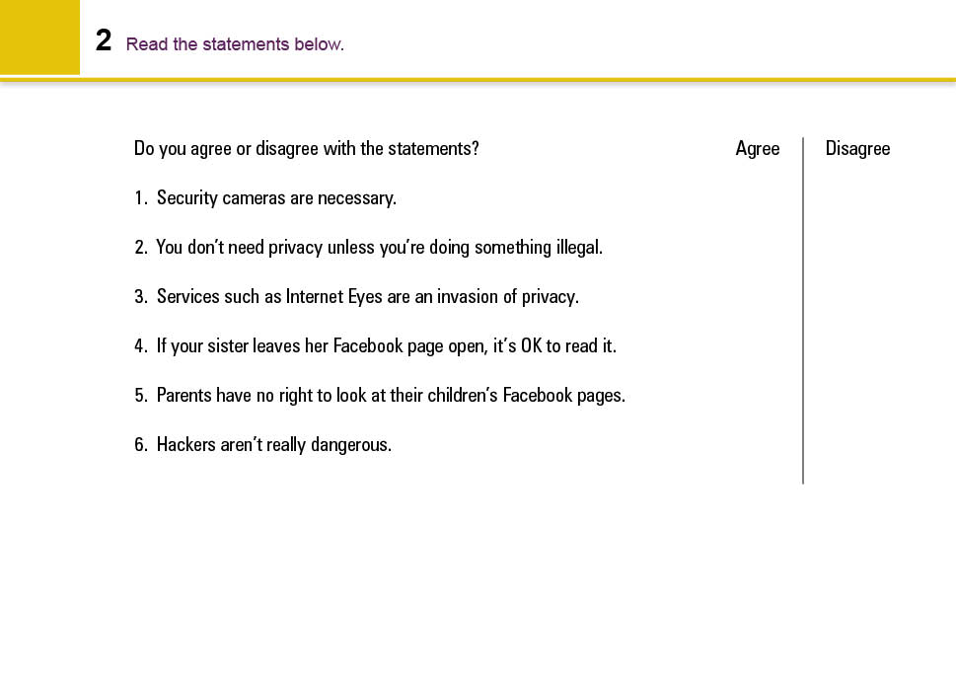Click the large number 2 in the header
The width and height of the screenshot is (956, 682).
[104, 41]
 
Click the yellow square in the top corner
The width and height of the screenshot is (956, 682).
[39, 37]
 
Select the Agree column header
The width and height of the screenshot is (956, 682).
[758, 149]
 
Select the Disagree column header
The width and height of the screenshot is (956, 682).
[857, 149]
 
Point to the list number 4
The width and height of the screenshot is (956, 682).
[140, 346]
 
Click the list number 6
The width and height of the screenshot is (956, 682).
[140, 445]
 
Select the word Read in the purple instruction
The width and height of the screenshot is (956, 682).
[147, 44]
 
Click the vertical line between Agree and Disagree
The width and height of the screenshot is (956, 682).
[803, 316]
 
